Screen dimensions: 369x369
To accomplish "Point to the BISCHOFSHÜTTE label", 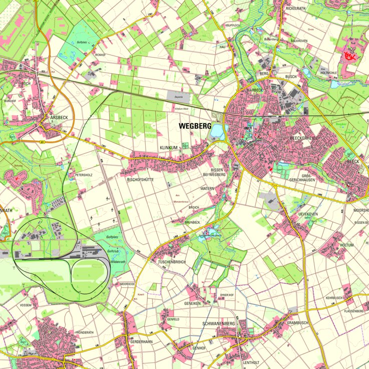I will pos(140,179).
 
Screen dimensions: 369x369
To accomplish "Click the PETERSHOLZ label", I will pos(84,175).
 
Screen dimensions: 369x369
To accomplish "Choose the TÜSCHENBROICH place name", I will pos(172,262).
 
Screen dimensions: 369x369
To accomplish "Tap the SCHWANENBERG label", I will pos(218,324).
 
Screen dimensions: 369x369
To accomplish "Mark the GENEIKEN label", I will pos(192,303).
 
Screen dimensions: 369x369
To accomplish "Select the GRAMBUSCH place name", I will pos(297,323).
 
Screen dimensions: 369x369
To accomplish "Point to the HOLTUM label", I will pos(346,245).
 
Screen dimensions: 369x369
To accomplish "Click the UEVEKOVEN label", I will pos(308,214).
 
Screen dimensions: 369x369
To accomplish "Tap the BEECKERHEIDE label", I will pos(304,138).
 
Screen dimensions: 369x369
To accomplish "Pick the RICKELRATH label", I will pos(295,9).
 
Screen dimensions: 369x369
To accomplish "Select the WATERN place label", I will pos(207,188).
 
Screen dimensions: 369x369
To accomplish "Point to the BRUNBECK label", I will pos(192,222).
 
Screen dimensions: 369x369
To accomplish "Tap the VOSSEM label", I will pos(26,305).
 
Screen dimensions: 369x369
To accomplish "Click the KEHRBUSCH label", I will pos(334,298).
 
